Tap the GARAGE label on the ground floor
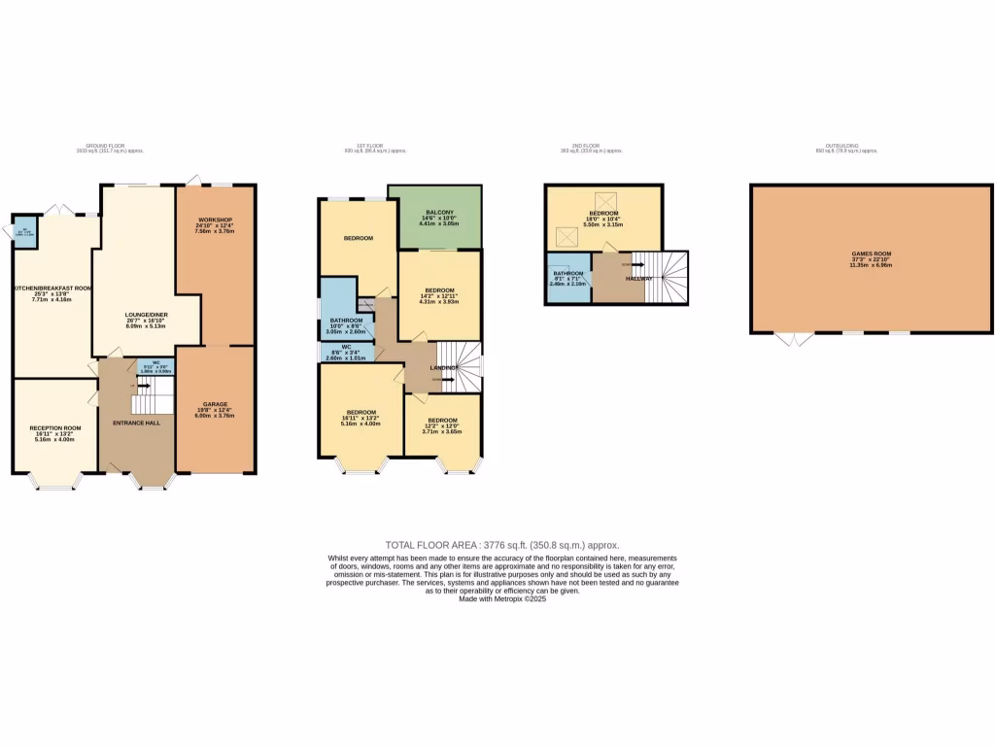click(214, 403)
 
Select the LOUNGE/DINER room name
click(147, 316)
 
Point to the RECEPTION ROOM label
click(54, 427)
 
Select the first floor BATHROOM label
click(346, 321)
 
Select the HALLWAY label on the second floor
click(638, 279)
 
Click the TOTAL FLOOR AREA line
click(501, 546)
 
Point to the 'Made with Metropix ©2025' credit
click(502, 599)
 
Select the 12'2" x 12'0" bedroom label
click(441, 421)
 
